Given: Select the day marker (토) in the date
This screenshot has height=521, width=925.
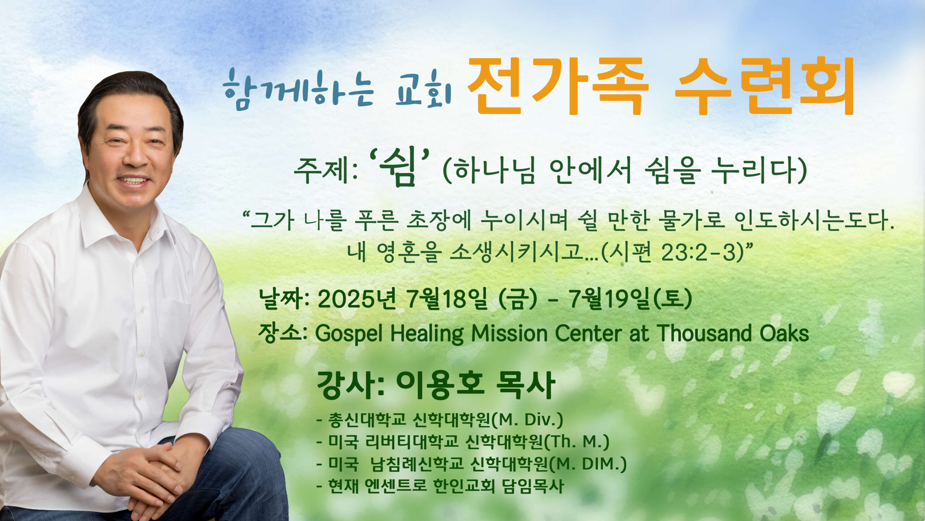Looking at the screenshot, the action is (x=673, y=300).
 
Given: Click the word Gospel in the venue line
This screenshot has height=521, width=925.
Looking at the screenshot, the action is (x=349, y=334).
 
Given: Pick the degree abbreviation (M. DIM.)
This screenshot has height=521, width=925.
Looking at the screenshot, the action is (x=588, y=464).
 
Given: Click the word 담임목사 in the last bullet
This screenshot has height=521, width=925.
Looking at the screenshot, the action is (x=533, y=486).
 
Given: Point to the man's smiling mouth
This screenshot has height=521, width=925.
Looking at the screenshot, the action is (x=133, y=180).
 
